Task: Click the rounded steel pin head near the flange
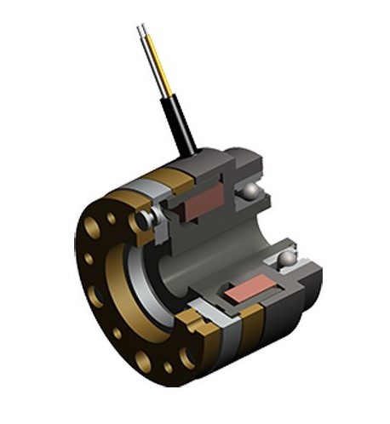pos(146,219)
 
